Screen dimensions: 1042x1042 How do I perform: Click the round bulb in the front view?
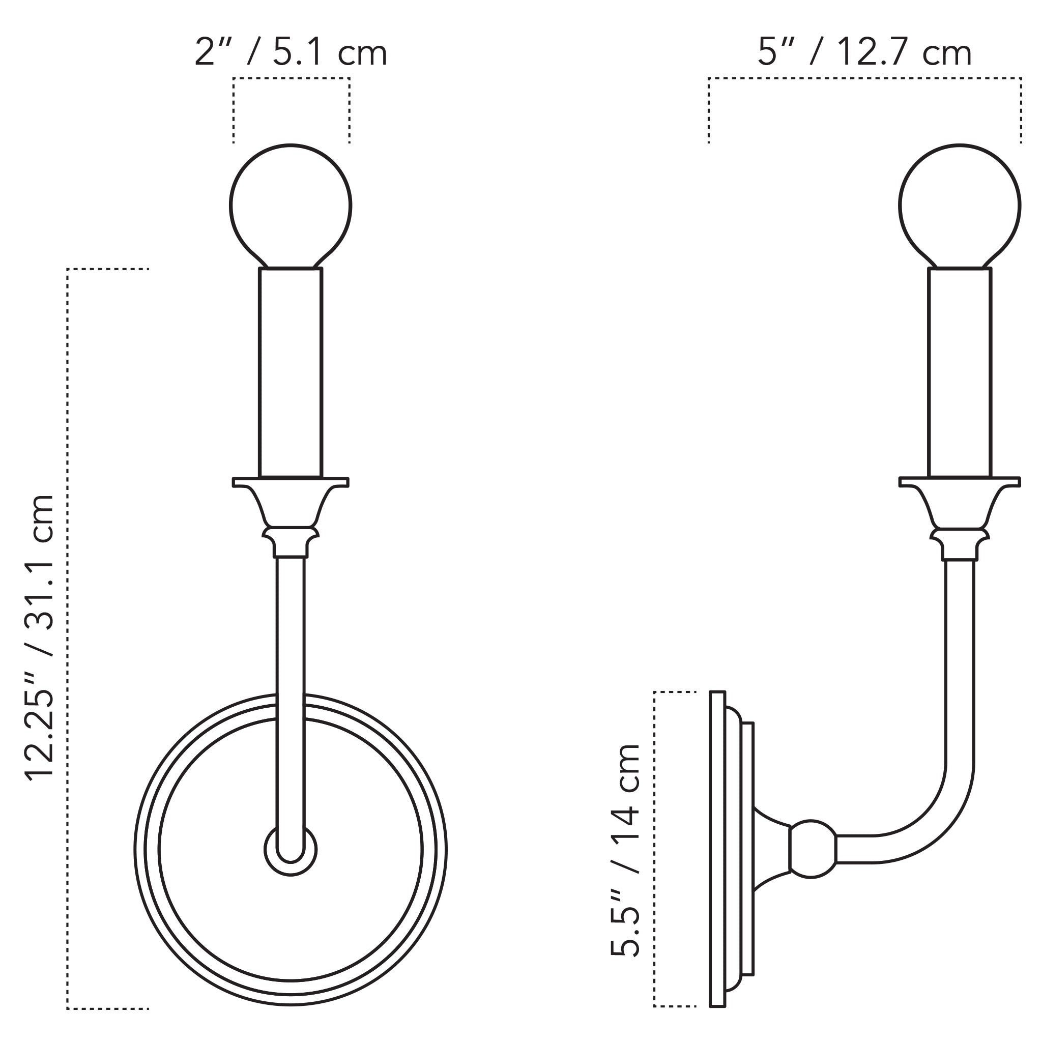[x=291, y=205]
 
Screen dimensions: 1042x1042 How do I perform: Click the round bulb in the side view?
[x=960, y=205]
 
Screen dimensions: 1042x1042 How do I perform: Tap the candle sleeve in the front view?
[x=291, y=372]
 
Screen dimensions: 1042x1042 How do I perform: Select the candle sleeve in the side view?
[x=960, y=372]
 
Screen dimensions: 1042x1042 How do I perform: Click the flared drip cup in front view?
[x=291, y=502]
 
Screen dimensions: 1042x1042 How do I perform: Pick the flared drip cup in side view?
[x=960, y=502]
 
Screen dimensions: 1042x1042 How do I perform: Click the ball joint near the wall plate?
[x=812, y=849]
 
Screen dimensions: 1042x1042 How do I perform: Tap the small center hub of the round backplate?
[x=291, y=850]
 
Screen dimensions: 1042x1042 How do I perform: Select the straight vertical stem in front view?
[x=291, y=647]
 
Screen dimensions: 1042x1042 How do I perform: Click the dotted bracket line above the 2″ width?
[x=291, y=79]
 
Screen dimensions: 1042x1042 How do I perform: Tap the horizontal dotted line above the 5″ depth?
[x=864, y=79]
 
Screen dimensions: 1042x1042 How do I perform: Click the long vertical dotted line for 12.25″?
[x=68, y=636]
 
